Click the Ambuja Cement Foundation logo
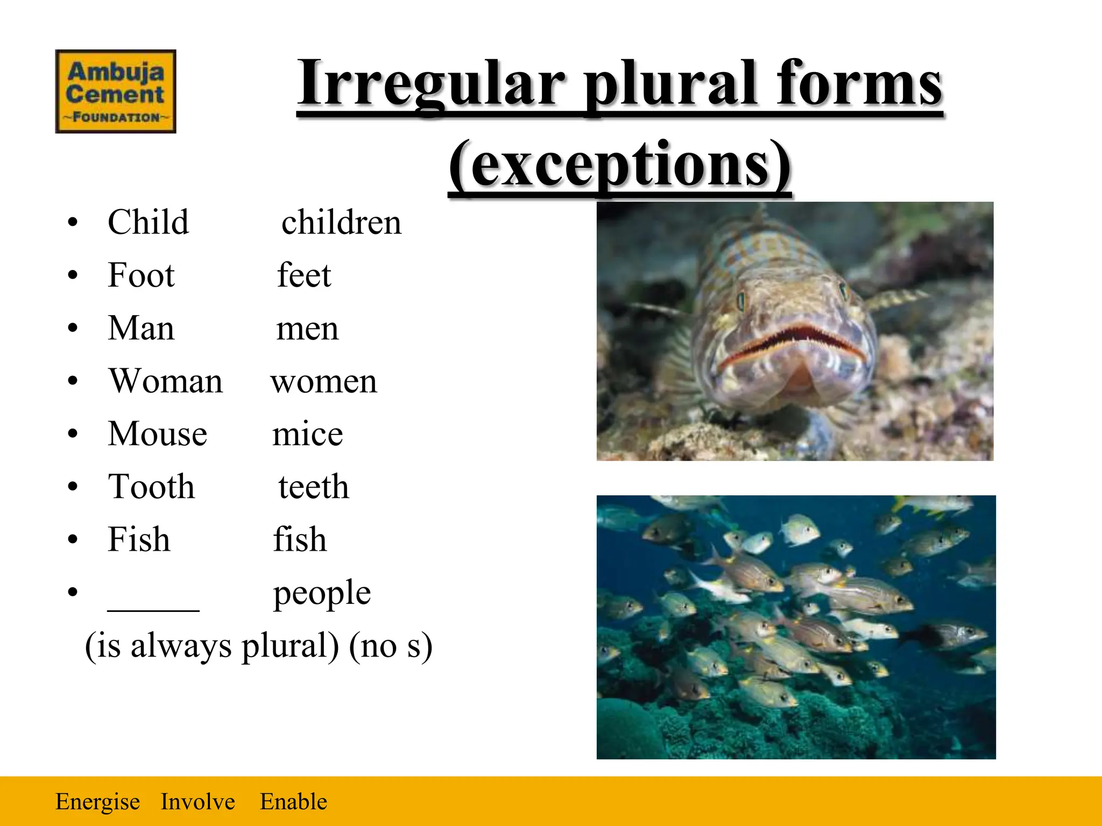tap(116, 91)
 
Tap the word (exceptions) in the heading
tap(620, 165)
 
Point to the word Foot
tap(141, 275)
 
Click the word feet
tap(304, 275)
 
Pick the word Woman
tap(166, 381)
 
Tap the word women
tap(324, 381)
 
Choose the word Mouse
tap(158, 434)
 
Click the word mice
tap(307, 434)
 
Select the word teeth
tap(314, 487)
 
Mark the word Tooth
tap(151, 487)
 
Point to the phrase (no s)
tap(391, 646)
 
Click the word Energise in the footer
tap(97, 802)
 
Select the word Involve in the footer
tap(197, 802)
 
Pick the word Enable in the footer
tap(293, 802)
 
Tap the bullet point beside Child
tap(73, 223)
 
